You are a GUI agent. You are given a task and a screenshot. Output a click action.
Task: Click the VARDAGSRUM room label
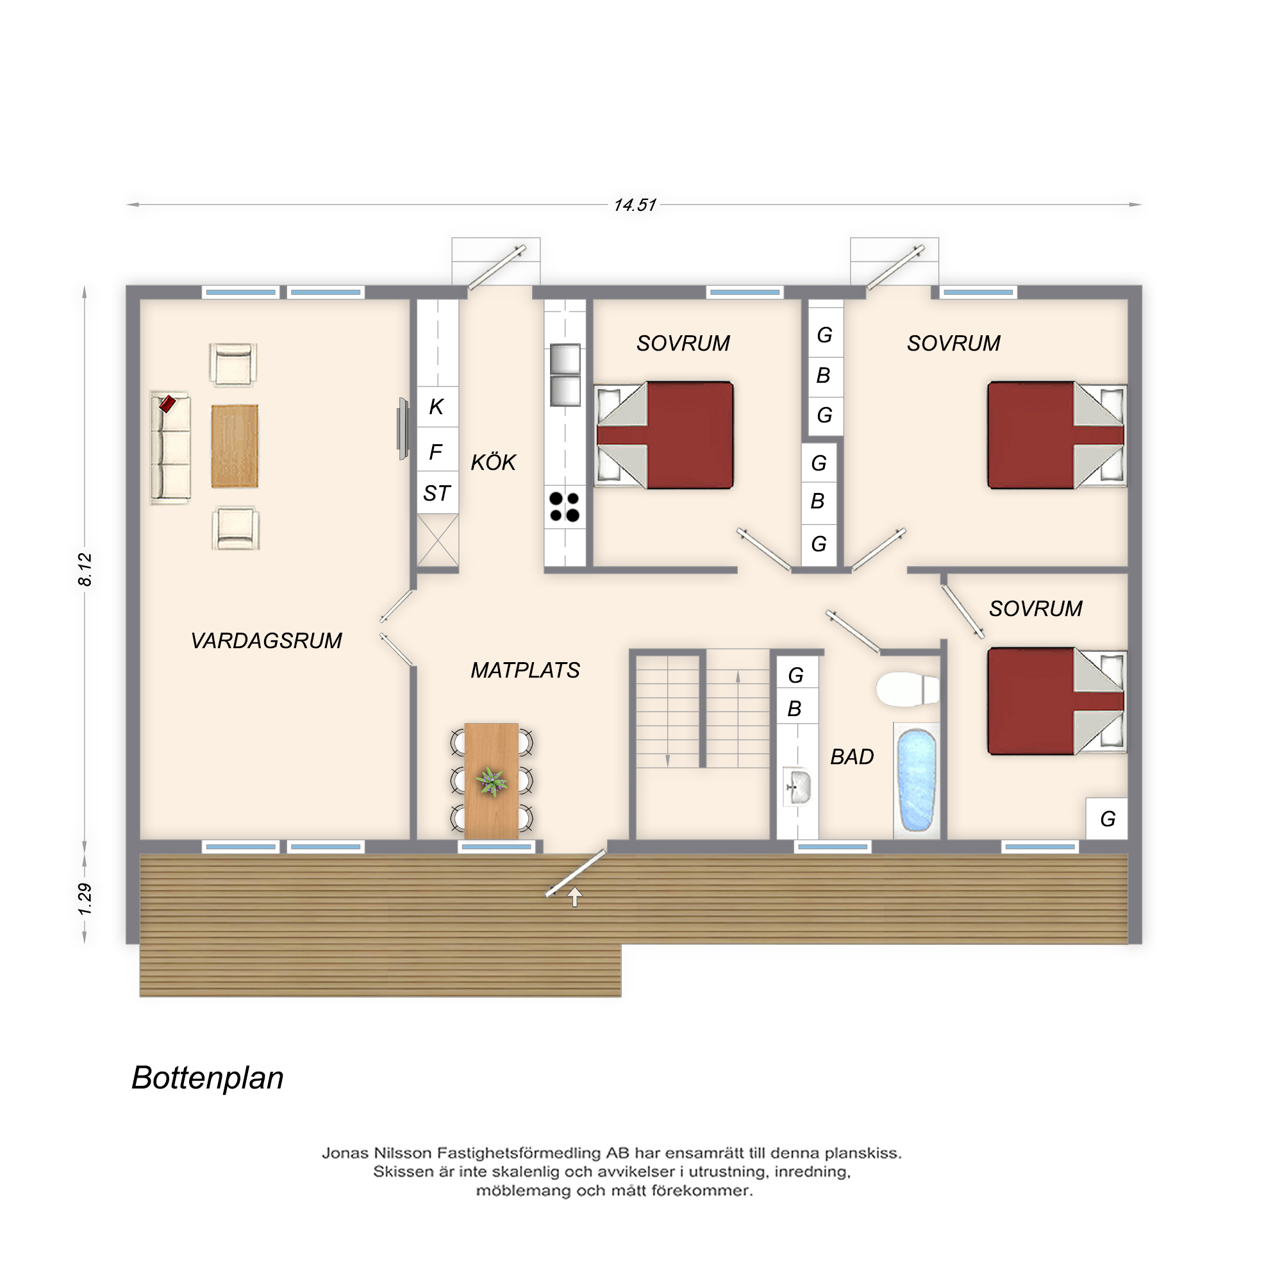266,640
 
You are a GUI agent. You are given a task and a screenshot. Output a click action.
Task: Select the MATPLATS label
525,670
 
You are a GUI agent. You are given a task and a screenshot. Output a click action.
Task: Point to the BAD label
852,756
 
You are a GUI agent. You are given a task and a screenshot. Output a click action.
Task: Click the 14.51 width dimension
635,205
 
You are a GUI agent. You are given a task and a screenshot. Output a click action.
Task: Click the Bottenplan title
208,1078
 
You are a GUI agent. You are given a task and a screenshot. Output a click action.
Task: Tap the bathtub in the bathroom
917,781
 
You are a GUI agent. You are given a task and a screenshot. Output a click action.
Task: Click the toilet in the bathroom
907,690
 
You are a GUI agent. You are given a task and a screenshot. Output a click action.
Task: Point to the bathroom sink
797,787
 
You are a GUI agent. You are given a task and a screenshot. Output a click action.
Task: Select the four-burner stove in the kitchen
565,507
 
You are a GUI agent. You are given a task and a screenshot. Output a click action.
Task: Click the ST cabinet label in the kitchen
437,493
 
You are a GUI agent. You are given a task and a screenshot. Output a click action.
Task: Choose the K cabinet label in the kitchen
436,406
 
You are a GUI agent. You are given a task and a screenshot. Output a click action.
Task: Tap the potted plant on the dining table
491,781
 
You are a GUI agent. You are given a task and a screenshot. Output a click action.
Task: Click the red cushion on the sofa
167,403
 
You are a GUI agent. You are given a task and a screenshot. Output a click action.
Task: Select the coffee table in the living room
234,447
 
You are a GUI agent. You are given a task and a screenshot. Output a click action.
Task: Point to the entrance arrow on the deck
574,897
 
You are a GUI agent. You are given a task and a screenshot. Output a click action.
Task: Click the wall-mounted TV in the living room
403,429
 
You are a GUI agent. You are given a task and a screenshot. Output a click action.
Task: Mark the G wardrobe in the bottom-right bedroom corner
1107,819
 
